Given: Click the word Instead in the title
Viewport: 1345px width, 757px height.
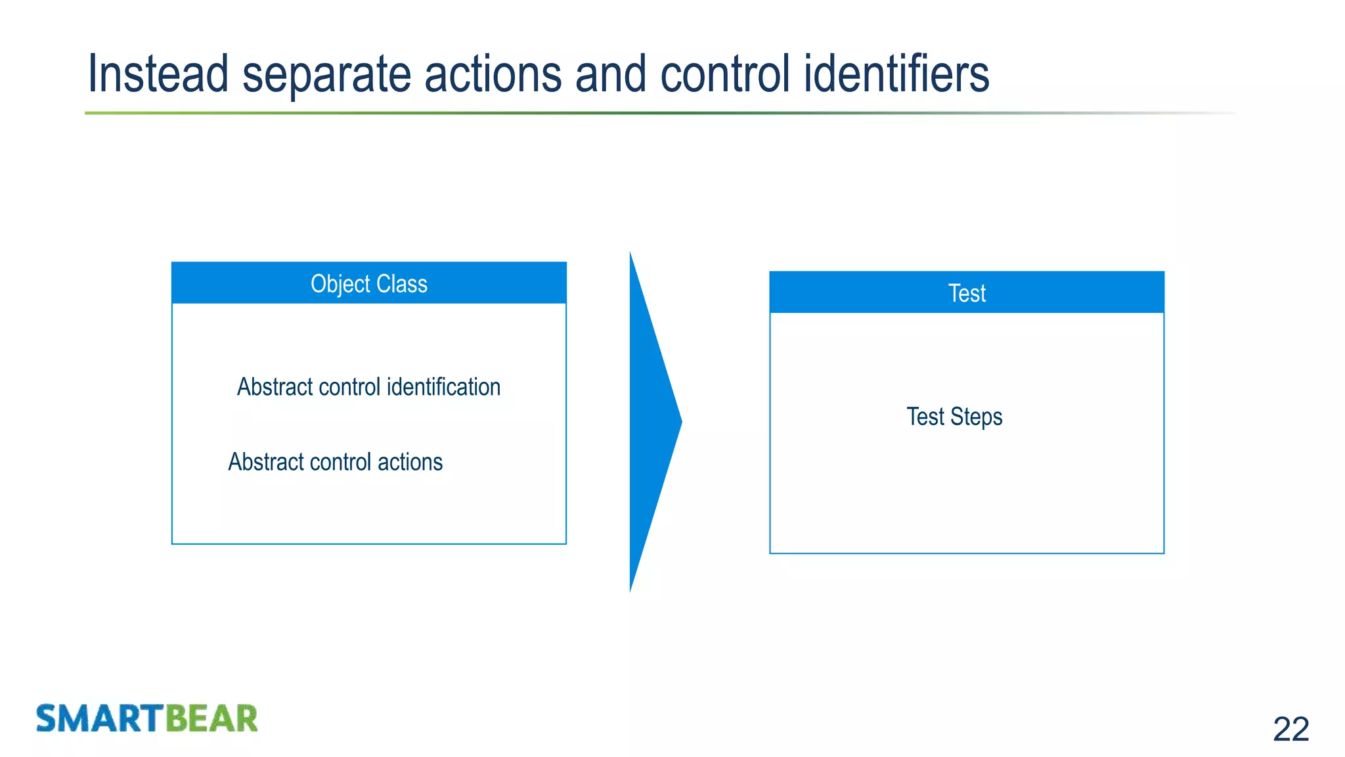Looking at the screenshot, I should [158, 74].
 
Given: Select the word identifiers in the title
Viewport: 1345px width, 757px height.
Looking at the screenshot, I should [896, 74].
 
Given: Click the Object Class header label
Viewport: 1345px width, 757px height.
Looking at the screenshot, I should [368, 284].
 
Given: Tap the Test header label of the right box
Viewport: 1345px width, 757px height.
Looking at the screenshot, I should [967, 293].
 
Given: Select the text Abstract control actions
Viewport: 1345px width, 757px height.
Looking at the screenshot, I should [335, 462].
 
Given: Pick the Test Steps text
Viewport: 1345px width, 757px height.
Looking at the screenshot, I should [954, 417].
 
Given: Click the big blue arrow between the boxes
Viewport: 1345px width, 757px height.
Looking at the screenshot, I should [650, 421].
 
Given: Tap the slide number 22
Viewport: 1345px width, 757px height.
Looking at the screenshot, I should [1290, 729].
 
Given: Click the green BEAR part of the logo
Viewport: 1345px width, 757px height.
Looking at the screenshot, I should [211, 718].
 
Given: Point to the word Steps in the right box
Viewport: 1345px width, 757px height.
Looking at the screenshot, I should [977, 417].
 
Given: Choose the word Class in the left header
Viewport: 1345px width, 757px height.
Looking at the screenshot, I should [402, 284].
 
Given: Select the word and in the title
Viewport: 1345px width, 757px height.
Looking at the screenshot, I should [611, 74].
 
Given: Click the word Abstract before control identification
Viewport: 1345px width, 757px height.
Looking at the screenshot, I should [275, 387].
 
